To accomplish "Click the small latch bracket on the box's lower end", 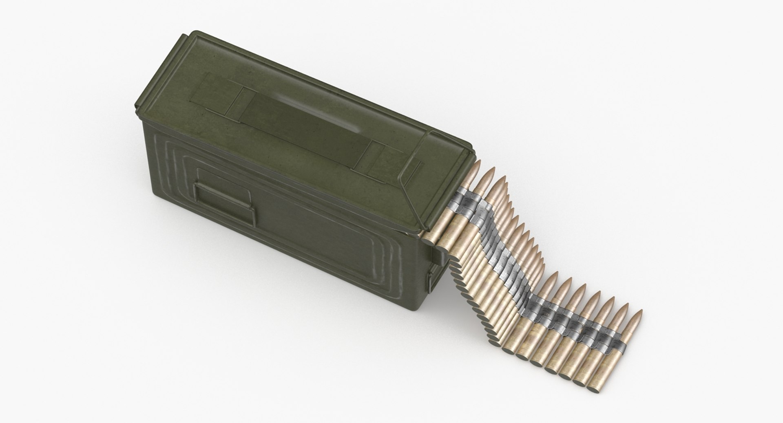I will (433, 281).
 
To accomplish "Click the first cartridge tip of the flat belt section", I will (553, 277).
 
